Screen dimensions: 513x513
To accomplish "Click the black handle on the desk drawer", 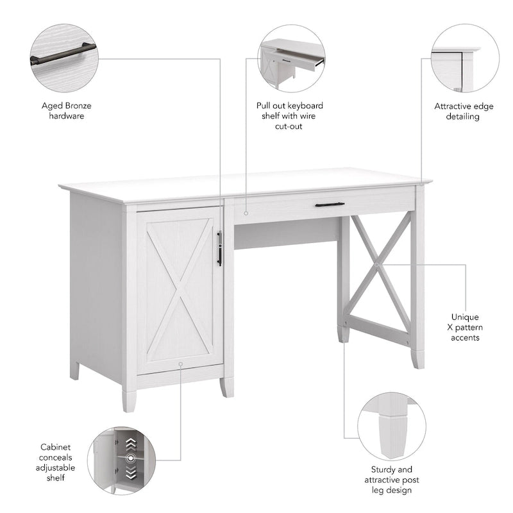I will tap(330, 205).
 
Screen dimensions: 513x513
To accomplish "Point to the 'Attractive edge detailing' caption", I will tap(464, 111).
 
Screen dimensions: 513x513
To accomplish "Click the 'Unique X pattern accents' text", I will tap(465, 327).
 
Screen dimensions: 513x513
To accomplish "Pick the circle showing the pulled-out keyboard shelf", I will tap(292, 58).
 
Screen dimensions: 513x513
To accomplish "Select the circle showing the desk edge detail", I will tap(464, 58).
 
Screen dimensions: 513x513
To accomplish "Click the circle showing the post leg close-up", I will tap(391, 426).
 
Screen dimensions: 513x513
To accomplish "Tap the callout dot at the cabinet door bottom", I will tap(181, 364).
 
